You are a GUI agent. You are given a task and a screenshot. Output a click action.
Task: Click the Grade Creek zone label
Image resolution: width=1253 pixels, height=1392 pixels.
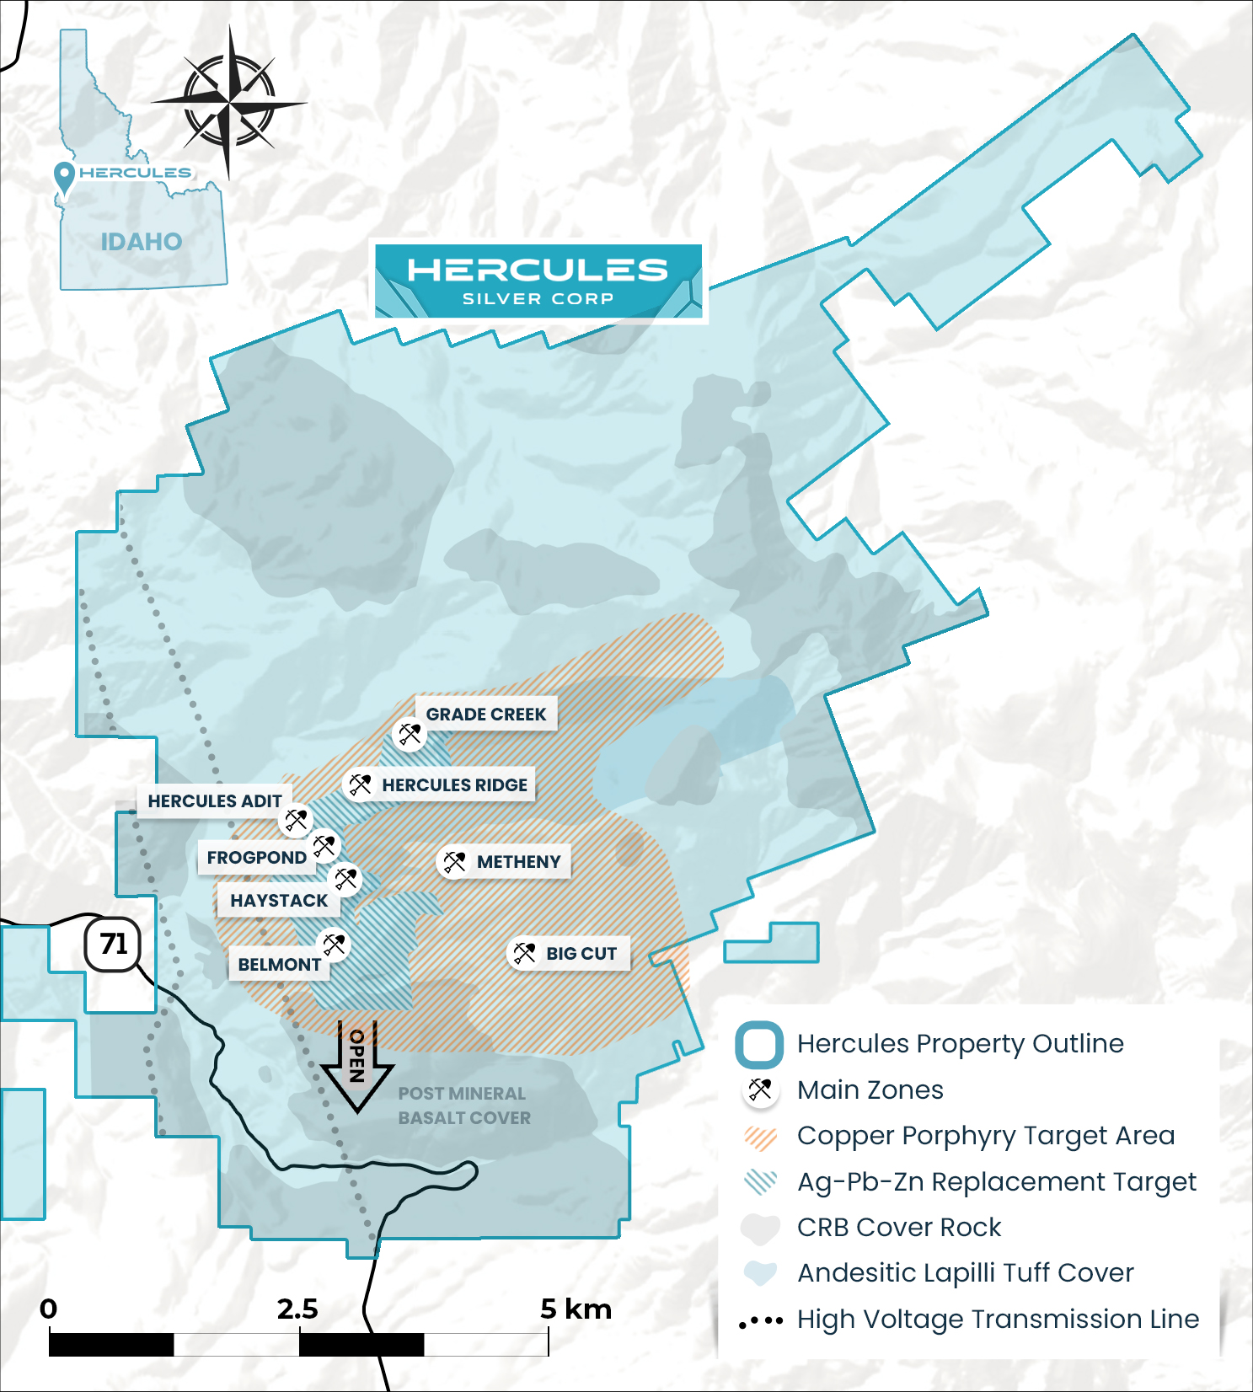(x=485, y=714)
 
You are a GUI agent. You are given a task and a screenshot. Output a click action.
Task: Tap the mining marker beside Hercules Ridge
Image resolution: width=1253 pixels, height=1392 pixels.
(x=360, y=784)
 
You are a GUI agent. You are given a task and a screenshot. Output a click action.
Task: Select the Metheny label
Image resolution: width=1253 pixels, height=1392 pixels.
(x=518, y=861)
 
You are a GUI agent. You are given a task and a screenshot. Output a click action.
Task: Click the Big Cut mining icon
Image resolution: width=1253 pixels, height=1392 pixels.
(x=524, y=953)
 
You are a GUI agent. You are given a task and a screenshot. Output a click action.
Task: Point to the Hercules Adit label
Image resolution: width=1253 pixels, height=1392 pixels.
(x=215, y=800)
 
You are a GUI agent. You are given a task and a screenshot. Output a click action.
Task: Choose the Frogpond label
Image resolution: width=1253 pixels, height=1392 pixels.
(x=256, y=857)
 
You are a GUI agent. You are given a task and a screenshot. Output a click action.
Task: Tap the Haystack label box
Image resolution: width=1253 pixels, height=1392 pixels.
(x=279, y=900)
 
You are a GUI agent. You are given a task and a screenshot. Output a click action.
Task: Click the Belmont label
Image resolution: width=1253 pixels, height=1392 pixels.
(x=279, y=964)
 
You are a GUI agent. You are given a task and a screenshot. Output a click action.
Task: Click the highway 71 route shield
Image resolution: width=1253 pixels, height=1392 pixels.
(x=113, y=944)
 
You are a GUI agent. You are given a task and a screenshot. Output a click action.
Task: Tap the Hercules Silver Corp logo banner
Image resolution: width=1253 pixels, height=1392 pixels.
(x=538, y=281)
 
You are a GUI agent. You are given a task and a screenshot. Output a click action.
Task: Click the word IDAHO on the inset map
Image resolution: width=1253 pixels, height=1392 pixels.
(x=142, y=242)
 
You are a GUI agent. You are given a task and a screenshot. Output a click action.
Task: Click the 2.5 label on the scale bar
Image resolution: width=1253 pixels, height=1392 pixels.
(x=298, y=1309)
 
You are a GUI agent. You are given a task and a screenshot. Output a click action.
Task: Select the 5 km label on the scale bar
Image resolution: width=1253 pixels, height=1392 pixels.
(x=576, y=1309)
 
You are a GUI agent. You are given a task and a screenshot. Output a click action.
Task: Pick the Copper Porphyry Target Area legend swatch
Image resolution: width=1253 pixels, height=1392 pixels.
(x=760, y=1137)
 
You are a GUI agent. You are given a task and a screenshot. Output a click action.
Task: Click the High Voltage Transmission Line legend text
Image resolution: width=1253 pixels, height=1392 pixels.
(x=998, y=1319)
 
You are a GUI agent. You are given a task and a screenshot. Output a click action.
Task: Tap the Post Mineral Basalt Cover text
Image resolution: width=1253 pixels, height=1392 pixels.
(x=464, y=1106)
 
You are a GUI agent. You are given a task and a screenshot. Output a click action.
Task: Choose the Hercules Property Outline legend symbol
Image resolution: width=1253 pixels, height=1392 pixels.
(x=759, y=1045)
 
